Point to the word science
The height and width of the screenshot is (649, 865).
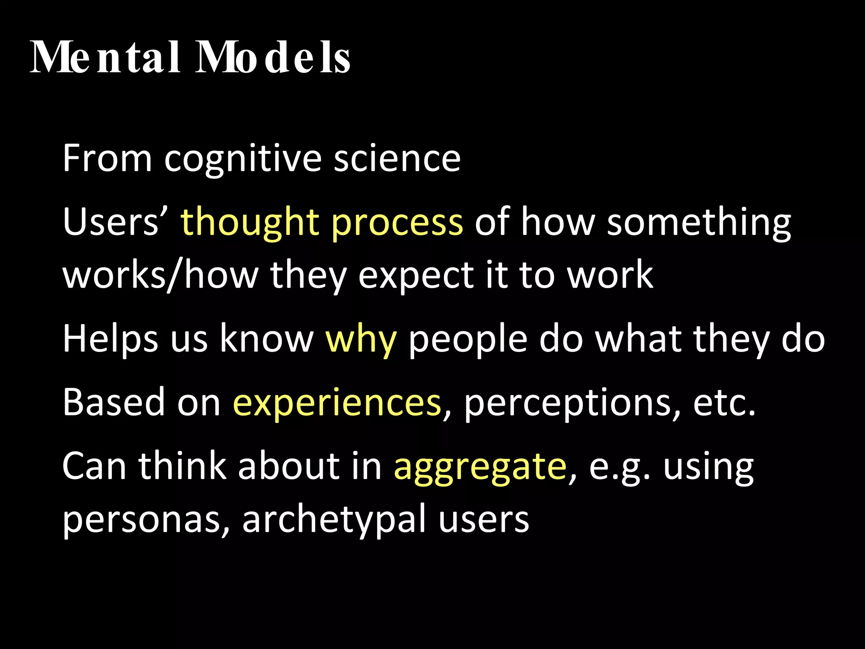[397, 159]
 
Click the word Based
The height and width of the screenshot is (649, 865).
[114, 402]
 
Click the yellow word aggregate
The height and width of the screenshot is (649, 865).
[480, 467]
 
